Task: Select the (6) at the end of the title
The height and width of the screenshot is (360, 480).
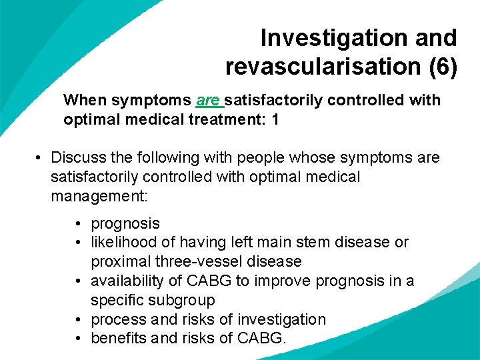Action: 443,67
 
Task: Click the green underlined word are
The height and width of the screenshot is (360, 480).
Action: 208,101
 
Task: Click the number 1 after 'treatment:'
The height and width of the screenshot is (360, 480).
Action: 275,120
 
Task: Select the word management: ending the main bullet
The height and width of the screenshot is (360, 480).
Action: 99,196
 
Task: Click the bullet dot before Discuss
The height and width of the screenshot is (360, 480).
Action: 39,158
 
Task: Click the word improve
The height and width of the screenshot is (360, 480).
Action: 276,281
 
